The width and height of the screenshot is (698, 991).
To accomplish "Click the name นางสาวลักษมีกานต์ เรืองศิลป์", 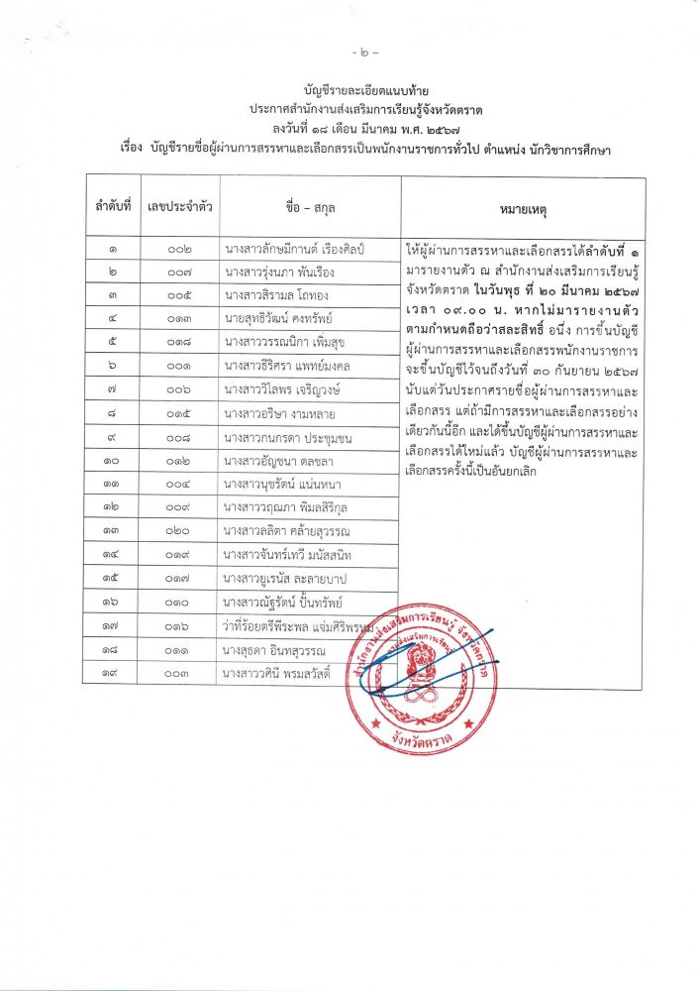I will (296, 249).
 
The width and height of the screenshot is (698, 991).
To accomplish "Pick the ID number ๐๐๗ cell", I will (179, 273).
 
